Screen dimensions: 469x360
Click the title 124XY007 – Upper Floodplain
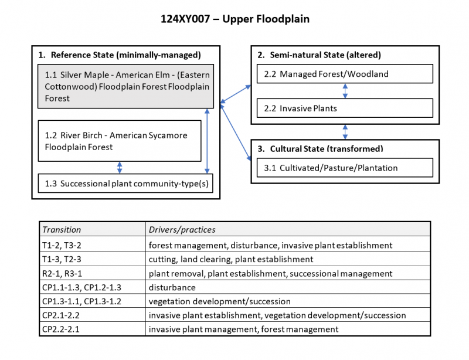coord(235,19)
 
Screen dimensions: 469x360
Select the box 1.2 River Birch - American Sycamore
coord(120,141)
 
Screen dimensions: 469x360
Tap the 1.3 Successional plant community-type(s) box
coord(125,184)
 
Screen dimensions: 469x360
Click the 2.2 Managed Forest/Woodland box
coord(345,74)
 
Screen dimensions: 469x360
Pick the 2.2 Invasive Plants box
coord(345,108)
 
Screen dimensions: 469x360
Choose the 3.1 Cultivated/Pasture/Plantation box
coord(345,168)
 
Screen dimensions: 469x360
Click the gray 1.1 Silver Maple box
coord(125,86)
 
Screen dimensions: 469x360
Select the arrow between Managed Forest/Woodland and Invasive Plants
coord(345,91)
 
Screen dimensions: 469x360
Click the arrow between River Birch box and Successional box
coord(120,168)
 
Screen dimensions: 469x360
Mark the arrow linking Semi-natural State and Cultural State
coord(345,132)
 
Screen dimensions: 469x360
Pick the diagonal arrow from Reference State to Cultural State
coord(236,133)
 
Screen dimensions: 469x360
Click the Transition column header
coord(62,229)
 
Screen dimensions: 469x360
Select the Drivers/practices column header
coord(182,229)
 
